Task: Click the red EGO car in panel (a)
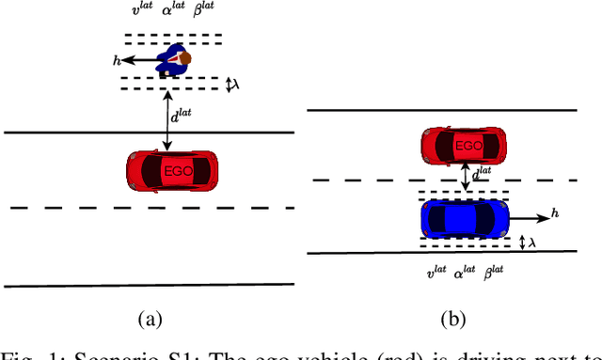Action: [173, 169]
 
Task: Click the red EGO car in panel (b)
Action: [464, 146]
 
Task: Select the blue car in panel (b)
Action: [465, 218]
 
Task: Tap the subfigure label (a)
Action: [149, 320]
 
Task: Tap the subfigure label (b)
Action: [455, 320]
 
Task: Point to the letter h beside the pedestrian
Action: [117, 59]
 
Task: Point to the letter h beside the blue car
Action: [555, 214]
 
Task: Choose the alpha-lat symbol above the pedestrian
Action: [174, 12]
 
